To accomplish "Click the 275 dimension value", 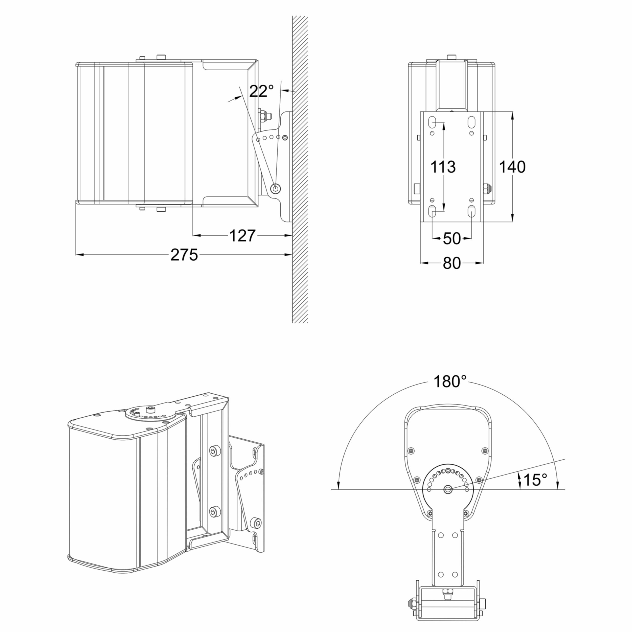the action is [184, 255].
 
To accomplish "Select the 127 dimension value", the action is [242, 236].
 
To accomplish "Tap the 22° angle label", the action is [261, 91].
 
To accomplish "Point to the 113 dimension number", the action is [443, 167].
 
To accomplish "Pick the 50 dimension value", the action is [452, 239].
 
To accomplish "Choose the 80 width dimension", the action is [452, 263].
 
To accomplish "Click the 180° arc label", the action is [450, 381].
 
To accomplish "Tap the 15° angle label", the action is [535, 480].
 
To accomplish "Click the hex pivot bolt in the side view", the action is [276, 187].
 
